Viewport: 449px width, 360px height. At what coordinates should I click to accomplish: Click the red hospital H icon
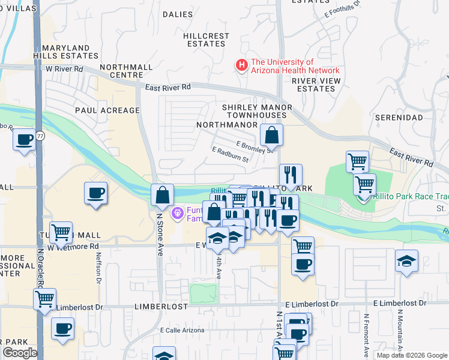click(242, 65)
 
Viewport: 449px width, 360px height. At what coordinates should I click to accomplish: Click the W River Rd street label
click(64, 69)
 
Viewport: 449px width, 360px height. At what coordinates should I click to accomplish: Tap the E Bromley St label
click(255, 146)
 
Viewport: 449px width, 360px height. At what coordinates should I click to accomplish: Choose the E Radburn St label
click(230, 155)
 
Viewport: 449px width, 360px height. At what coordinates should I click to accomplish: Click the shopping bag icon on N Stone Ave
click(162, 194)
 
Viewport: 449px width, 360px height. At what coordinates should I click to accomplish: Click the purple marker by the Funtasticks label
click(177, 213)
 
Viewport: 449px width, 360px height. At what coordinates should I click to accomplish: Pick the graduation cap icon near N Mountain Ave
click(406, 261)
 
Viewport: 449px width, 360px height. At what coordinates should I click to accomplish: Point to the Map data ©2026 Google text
click(411, 355)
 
